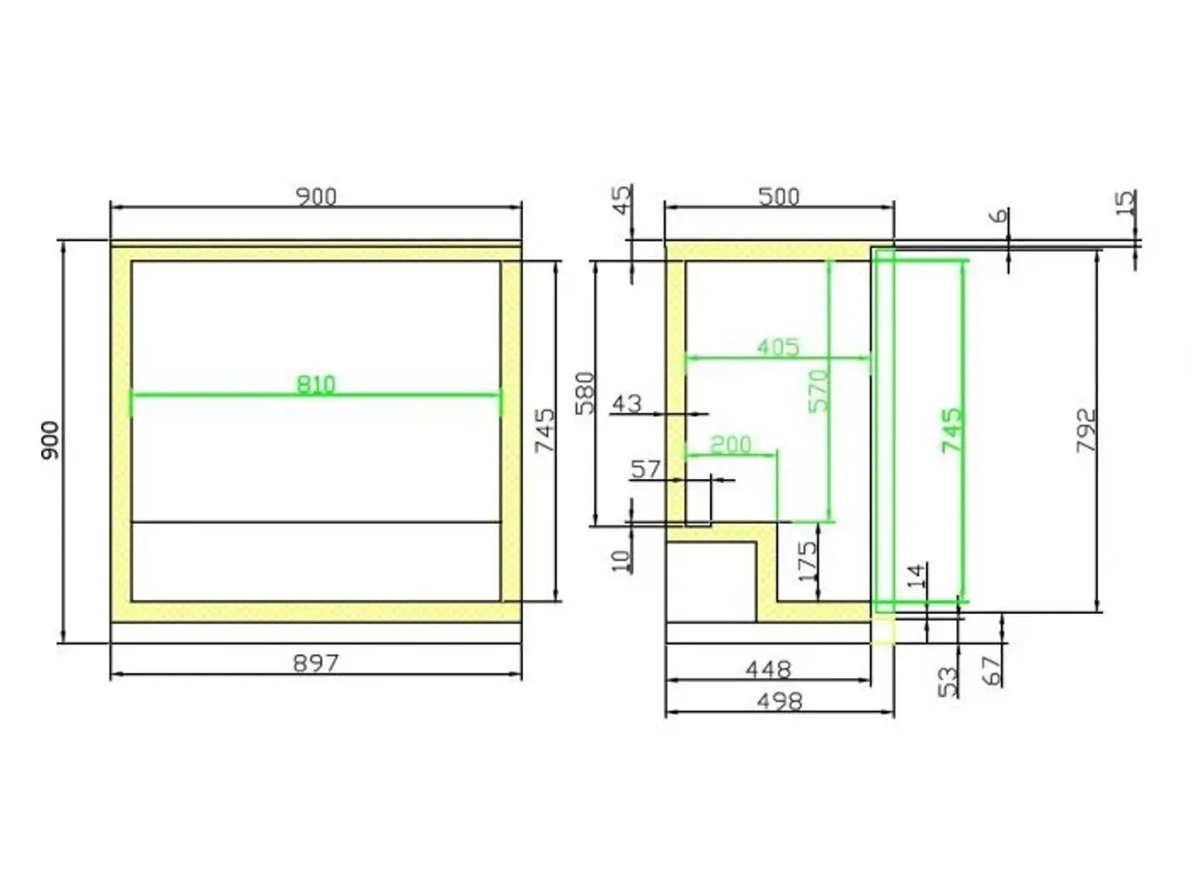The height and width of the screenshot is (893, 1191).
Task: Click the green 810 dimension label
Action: click(316, 384)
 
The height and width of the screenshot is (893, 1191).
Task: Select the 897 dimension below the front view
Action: click(315, 663)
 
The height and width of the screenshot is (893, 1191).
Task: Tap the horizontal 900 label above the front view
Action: click(316, 197)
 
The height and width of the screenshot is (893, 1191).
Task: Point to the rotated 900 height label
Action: click(50, 440)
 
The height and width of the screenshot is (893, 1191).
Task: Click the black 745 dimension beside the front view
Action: click(545, 431)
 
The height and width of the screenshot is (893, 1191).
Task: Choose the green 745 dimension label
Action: click(952, 431)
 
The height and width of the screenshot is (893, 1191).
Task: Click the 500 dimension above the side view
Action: click(779, 197)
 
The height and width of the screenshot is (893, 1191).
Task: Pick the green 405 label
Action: click(779, 347)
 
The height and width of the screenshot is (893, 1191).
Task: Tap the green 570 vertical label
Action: click(819, 391)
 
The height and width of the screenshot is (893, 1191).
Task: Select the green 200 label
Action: click(730, 445)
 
